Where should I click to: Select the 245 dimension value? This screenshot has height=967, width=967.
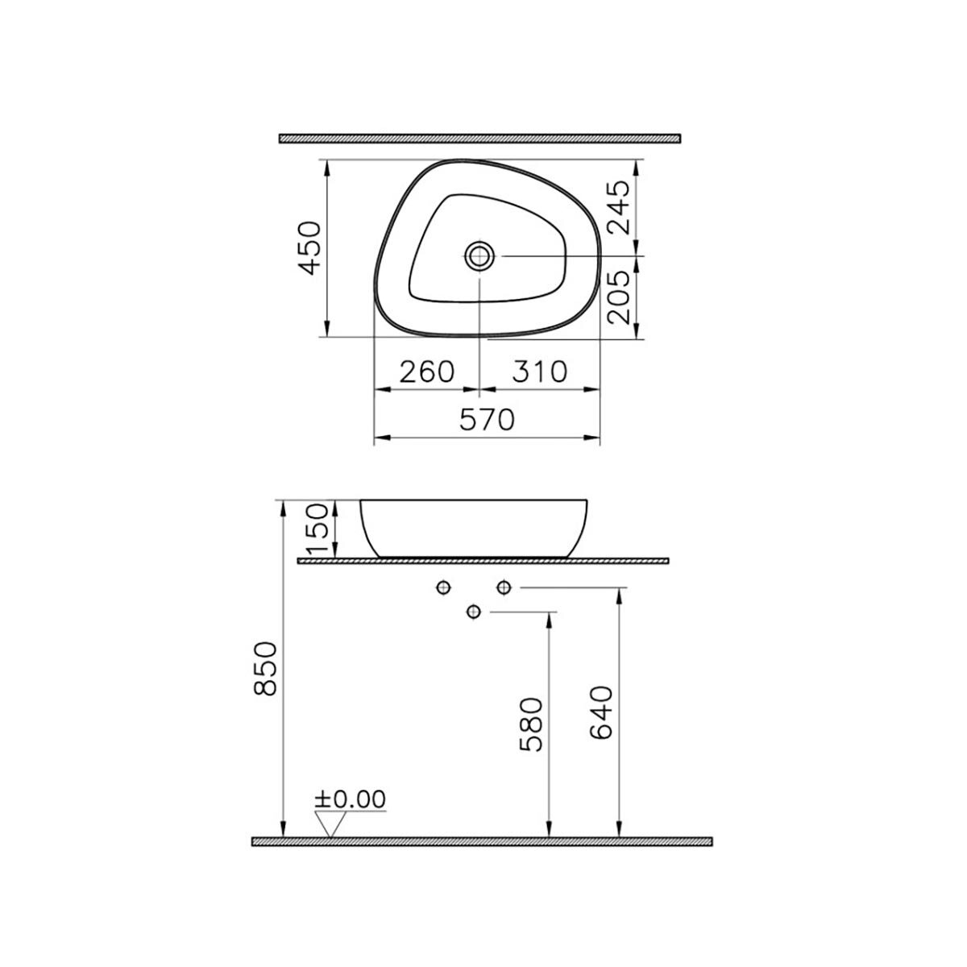(x=618, y=207)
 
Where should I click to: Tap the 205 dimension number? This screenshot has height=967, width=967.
(x=618, y=297)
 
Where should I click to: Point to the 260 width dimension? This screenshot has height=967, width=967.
(x=427, y=371)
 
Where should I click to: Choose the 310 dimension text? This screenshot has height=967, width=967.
(x=539, y=371)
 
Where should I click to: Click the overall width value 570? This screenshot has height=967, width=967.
(x=488, y=420)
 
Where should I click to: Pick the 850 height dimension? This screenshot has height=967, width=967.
(x=265, y=668)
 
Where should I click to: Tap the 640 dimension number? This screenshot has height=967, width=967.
(x=602, y=712)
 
